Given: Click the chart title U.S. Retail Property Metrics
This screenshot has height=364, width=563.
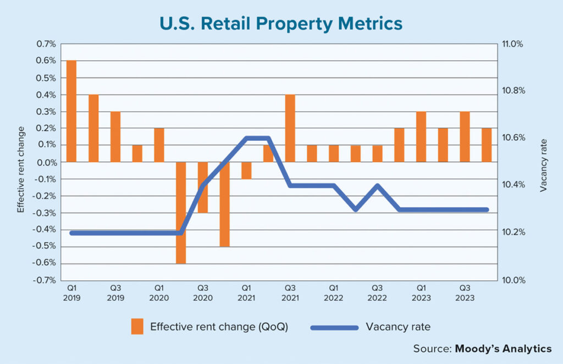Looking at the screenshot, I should pos(281,24).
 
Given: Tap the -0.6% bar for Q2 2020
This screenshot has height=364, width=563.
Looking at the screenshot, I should pos(181,213).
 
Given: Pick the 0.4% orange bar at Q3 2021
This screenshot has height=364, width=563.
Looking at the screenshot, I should pos(290,128).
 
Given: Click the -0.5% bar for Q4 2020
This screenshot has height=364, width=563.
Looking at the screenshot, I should pos(224,204).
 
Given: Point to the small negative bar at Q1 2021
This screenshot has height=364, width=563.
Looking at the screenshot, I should pos(246,170).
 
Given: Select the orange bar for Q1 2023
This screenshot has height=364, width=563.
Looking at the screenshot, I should pos(421,136).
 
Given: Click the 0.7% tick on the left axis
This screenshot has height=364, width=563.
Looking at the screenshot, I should pos(47,44).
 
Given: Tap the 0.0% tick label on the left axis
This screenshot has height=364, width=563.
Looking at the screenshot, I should pos(47,162).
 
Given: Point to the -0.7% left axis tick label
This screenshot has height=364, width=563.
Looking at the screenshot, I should pos(46,280).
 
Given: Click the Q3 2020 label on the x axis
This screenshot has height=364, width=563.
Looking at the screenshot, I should pos(203,292).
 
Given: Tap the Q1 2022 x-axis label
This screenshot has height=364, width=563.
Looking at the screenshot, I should pos(334,292).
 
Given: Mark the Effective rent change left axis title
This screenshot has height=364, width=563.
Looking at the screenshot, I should pos(21,169).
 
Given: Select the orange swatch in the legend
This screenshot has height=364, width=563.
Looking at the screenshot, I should pos(137,327).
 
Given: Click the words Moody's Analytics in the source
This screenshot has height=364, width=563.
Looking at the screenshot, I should pos(503,349).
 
